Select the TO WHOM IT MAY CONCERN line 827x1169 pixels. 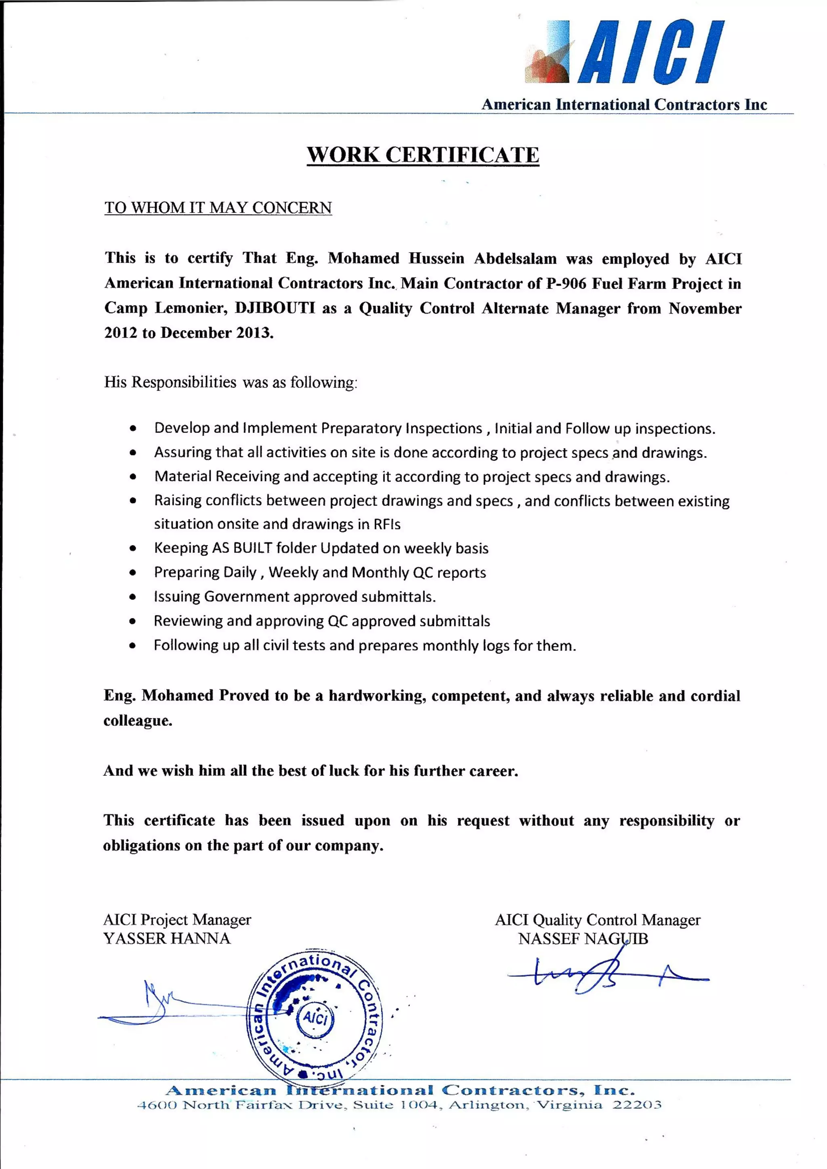218,208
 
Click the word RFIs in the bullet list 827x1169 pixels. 386,524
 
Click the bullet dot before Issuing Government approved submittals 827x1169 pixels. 133,597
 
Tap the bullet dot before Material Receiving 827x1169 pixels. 133,477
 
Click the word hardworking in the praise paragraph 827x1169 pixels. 377,696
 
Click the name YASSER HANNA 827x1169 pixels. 167,939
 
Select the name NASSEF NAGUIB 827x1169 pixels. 583,939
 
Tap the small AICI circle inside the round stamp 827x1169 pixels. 315,1018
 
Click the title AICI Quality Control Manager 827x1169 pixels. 597,920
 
